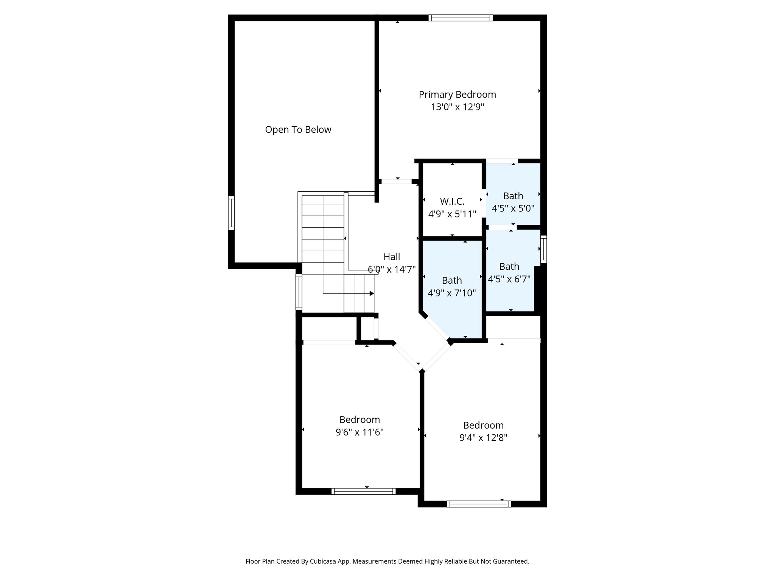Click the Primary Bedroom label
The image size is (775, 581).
click(457, 95)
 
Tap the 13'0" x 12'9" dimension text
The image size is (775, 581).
click(458, 107)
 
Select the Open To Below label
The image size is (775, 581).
click(298, 130)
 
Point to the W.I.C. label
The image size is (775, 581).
click(452, 201)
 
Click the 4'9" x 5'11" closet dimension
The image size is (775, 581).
click(452, 214)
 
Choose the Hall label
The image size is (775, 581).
click(392, 257)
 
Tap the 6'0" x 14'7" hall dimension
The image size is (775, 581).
click(392, 269)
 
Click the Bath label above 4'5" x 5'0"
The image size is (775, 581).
click(513, 196)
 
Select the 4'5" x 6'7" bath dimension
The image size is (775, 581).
click(509, 279)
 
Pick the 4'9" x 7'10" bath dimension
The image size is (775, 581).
click(452, 293)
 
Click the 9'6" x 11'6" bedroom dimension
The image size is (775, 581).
click(359, 432)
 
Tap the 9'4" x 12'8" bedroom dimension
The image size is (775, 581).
click(483, 438)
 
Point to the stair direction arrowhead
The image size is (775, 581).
click(372, 294)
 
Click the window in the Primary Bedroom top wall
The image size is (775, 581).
click(461, 17)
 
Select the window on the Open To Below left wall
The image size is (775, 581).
click(231, 213)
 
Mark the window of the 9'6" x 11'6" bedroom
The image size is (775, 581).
click(364, 491)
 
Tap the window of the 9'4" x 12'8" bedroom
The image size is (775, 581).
click(479, 504)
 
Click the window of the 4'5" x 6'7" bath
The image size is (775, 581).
click(544, 249)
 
